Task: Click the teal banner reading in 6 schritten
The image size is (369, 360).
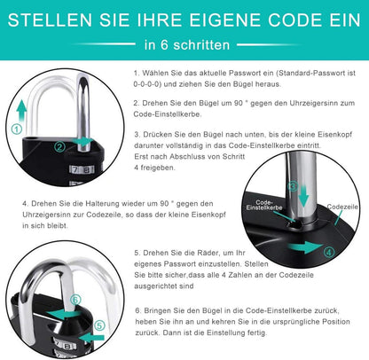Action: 184,43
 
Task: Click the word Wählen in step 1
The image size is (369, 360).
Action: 156,75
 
